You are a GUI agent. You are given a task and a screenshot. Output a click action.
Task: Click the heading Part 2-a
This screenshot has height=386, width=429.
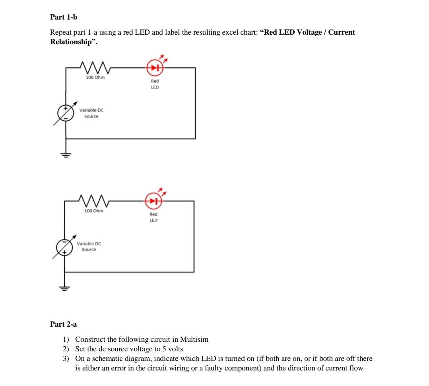[x=63, y=324]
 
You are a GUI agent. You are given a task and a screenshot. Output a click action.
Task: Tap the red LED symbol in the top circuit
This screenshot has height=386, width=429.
[x=155, y=68]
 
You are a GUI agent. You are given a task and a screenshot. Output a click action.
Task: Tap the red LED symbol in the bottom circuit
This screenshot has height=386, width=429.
[x=153, y=201]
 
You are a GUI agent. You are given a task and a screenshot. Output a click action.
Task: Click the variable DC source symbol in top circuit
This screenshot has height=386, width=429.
[x=66, y=113]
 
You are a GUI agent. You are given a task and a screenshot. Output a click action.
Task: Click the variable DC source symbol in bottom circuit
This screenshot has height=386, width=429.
[x=64, y=247]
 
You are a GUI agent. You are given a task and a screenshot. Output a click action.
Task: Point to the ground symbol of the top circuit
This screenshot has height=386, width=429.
[x=66, y=155]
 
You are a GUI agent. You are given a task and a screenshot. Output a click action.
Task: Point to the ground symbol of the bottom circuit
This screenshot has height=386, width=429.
[x=64, y=288]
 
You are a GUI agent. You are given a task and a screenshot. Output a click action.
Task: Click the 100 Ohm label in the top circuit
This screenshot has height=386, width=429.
[x=95, y=77]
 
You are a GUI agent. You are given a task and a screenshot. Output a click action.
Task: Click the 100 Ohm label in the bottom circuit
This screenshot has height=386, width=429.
[x=94, y=211]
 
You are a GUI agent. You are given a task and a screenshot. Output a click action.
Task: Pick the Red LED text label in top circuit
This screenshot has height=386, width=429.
[x=155, y=84]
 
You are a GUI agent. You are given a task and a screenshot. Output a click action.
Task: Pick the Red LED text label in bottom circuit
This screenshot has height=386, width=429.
[x=153, y=217]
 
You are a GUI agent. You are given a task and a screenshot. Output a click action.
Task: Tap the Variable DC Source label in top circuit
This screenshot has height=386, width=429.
[x=91, y=113]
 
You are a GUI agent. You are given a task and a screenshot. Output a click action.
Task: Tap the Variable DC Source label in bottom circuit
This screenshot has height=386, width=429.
[x=89, y=246]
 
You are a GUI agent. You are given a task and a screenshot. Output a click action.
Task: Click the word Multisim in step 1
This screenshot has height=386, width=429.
[x=194, y=340]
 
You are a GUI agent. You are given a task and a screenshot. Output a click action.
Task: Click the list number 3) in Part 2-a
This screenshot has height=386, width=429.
[x=66, y=359]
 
